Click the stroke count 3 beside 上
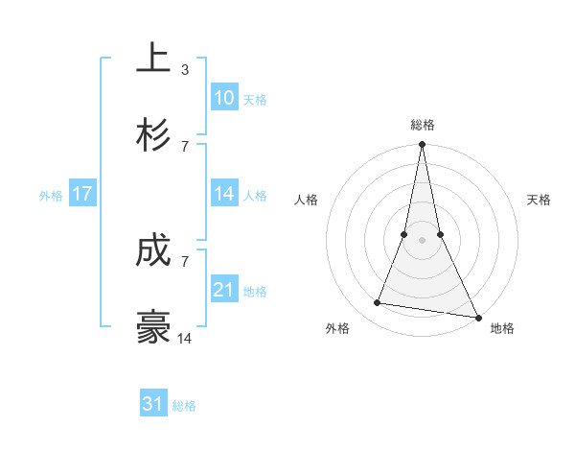(x=185, y=70)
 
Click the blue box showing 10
(x=224, y=98)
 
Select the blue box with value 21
(x=224, y=290)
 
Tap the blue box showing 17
(x=82, y=194)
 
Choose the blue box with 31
(x=153, y=404)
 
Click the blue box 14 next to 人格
(x=224, y=194)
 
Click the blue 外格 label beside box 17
(x=51, y=195)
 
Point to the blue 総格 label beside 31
(x=184, y=405)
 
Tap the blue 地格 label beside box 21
(x=255, y=291)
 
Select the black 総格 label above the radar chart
(x=423, y=125)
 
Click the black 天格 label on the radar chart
(x=540, y=200)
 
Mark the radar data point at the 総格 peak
(x=422, y=146)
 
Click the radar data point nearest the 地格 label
(x=477, y=317)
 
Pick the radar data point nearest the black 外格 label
(x=378, y=303)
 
